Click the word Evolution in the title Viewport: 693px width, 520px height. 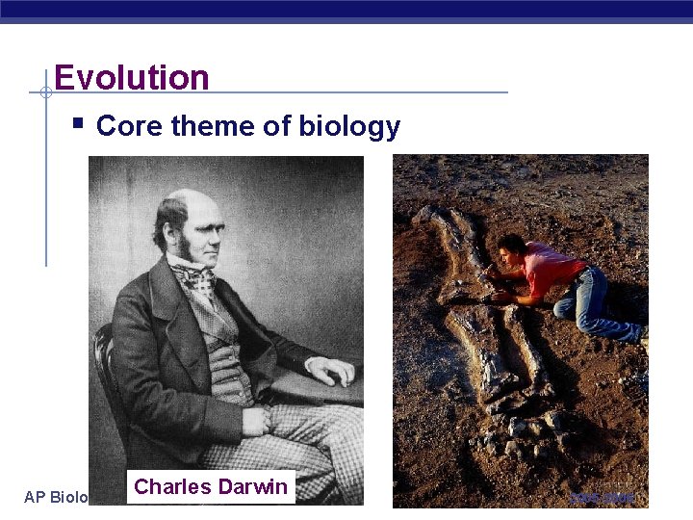tap(132, 77)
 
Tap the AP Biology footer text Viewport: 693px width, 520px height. tap(56, 497)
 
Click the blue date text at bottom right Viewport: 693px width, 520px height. tap(603, 497)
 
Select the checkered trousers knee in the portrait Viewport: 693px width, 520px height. tap(289, 424)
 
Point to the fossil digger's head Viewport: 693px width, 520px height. tap(510, 248)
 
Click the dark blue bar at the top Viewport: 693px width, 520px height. tap(346, 10)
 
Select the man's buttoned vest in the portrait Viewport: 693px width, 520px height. tap(227, 347)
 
